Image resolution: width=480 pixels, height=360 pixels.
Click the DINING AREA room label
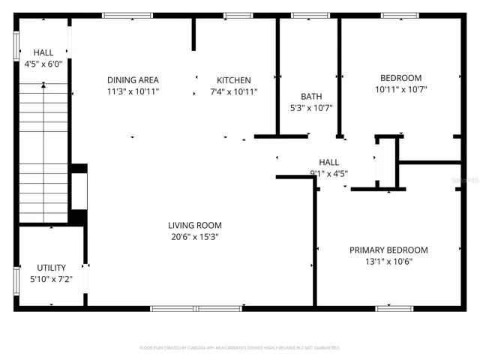133,80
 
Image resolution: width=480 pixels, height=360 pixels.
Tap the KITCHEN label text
234,80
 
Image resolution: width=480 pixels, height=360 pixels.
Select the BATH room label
311,96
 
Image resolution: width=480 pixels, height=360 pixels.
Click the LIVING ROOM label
194,225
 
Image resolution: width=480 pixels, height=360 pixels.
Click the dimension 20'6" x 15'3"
194,237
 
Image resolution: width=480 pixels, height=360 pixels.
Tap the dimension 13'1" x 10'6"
388,262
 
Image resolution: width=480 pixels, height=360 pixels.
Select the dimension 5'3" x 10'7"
311,108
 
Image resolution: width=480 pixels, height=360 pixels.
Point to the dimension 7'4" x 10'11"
234,92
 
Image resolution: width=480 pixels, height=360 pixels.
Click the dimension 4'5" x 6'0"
43,64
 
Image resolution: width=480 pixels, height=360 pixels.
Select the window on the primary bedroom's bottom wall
394,308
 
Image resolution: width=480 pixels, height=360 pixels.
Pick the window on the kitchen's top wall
238,15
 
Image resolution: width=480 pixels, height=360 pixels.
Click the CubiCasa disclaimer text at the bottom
240,348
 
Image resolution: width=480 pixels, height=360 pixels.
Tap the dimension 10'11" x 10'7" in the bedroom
400,90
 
